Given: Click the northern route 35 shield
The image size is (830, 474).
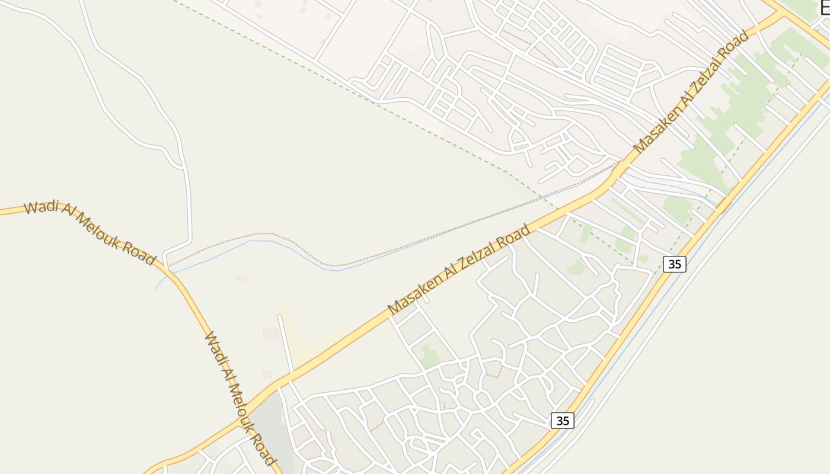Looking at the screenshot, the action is click(675, 264).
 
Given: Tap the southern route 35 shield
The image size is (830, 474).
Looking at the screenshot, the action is click(563, 421).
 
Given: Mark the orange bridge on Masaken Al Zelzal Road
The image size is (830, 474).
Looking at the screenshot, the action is click(618, 169).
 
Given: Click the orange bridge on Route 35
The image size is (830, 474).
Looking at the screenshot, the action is click(724, 204).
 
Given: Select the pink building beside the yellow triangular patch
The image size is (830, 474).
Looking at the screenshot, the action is click(271, 333).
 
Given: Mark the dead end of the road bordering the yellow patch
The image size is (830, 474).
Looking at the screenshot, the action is click(280, 316).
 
